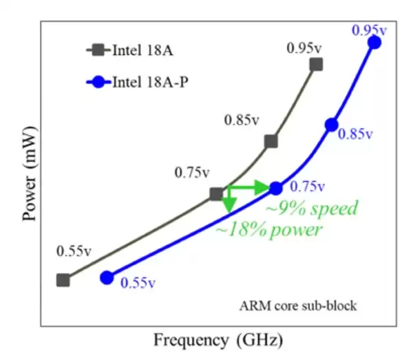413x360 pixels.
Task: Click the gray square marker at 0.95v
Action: [x=316, y=65]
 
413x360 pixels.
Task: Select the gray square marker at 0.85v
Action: [x=271, y=141]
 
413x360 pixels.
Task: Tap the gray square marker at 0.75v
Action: [x=216, y=195]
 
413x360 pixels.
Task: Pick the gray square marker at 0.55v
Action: [x=63, y=280]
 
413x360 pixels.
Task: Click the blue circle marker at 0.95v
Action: [x=374, y=43]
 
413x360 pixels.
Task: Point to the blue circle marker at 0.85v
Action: [x=331, y=125]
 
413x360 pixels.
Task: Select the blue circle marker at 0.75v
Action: [x=276, y=188]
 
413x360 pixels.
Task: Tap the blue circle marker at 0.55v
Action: [x=107, y=277]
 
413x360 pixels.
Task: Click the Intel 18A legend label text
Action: [x=142, y=50]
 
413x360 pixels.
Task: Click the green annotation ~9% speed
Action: [x=313, y=208]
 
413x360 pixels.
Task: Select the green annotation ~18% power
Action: [x=269, y=230]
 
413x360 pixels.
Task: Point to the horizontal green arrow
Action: [x=248, y=187]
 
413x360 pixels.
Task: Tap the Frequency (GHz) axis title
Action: [x=218, y=340]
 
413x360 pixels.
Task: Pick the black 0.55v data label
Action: [x=74, y=251]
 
